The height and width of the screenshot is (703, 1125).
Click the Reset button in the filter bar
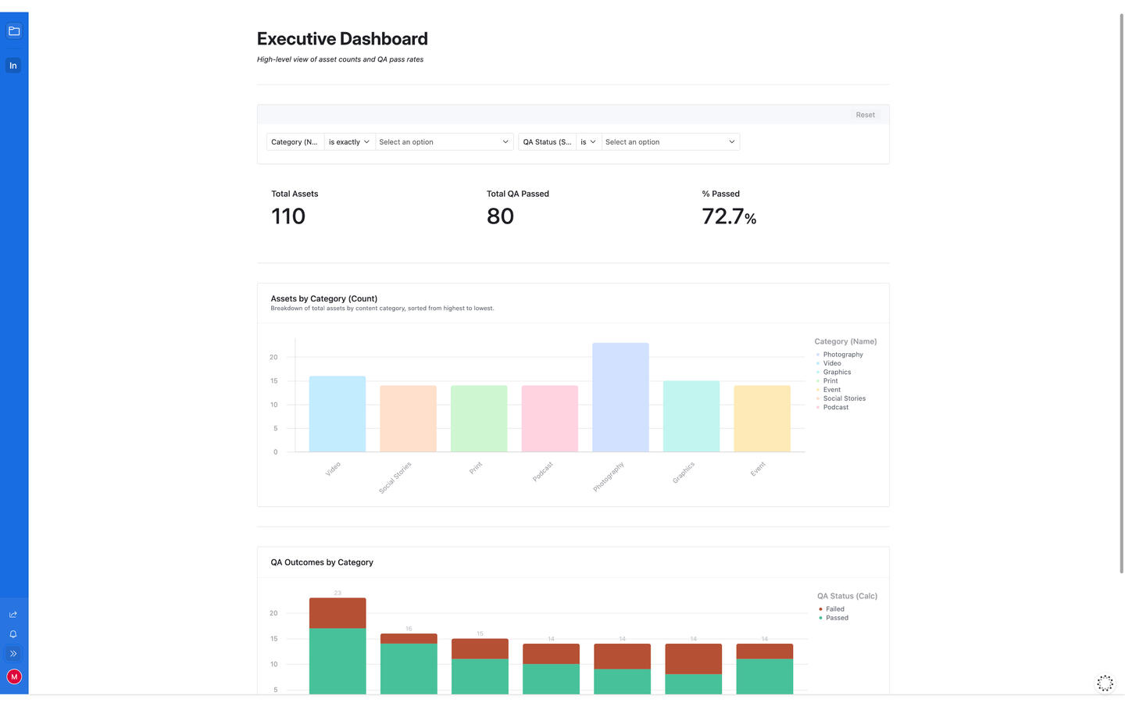(865, 115)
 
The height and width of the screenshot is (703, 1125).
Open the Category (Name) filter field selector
(295, 142)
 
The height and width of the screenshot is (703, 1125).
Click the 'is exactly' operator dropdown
(348, 142)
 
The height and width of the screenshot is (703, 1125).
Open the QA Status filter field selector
(547, 142)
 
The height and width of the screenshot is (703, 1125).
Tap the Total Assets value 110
(288, 216)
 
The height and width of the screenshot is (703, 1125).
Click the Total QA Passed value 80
(500, 216)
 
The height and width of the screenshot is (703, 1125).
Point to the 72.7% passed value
(728, 216)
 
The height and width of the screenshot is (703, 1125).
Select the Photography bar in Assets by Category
(620, 398)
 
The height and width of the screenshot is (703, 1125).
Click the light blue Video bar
(337, 414)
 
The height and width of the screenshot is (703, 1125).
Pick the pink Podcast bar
(549, 419)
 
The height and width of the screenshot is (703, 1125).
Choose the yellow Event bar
(762, 419)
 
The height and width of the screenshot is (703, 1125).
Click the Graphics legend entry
(837, 372)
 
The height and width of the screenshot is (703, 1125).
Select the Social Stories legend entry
(844, 398)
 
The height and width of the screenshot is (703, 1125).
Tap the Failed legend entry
(834, 609)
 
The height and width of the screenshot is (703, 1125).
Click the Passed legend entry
(837, 618)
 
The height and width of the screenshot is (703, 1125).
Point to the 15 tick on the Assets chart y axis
(273, 381)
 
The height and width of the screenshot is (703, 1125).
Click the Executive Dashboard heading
(342, 39)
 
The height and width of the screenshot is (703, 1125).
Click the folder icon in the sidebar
(14, 31)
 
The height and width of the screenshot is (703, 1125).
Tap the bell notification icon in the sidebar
(13, 634)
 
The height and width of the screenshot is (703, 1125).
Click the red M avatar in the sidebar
(14, 677)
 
